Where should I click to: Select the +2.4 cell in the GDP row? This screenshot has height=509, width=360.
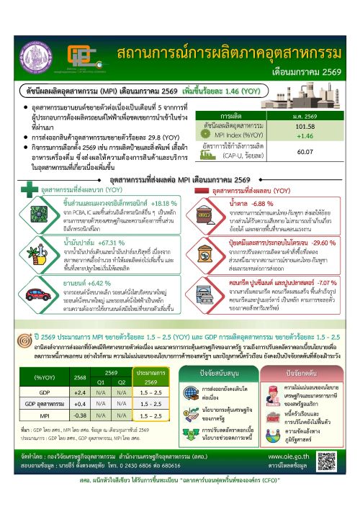80,392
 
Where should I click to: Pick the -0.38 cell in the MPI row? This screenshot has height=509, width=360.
80,415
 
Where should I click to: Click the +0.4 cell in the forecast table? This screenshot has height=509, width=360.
80,404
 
